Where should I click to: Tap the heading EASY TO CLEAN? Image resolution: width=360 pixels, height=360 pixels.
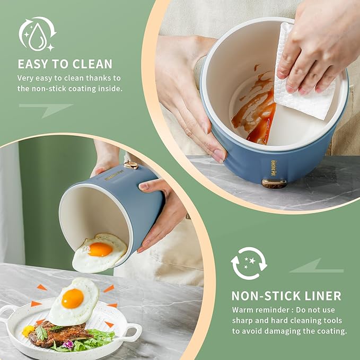(65, 64)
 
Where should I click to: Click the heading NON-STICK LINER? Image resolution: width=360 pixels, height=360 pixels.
(286, 296)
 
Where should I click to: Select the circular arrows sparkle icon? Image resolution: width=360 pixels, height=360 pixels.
(249, 264)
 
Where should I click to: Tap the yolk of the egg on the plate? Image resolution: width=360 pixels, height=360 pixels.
(73, 298)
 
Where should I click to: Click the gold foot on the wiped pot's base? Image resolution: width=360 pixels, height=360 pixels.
(274, 183)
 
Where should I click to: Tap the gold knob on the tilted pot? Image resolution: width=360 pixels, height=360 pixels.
(130, 165)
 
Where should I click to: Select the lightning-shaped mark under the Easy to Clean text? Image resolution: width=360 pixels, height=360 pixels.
(46, 109)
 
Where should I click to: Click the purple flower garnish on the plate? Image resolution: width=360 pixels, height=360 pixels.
(68, 344)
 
